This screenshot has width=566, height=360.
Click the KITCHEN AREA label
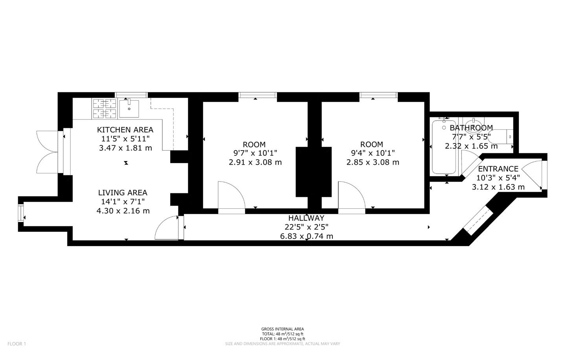pyautogui.click(x=125, y=130)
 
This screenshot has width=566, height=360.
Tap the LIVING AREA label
pyautogui.click(x=123, y=193)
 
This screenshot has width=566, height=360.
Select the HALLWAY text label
pyautogui.click(x=306, y=218)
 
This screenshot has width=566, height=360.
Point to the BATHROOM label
pyautogui.click(x=471, y=128)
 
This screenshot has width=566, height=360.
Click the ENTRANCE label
pyautogui.click(x=498, y=169)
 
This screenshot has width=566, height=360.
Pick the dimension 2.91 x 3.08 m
pyautogui.click(x=255, y=162)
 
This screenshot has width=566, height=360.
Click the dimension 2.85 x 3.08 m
pyautogui.click(x=373, y=162)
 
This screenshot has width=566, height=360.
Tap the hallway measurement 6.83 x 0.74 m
pyautogui.click(x=307, y=236)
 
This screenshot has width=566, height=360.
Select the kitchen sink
pyautogui.click(x=129, y=108)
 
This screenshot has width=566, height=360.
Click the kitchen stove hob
pyautogui.click(x=105, y=108)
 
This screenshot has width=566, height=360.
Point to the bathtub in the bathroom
pyautogui.click(x=444, y=147)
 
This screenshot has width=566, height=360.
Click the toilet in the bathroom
pyautogui.click(x=500, y=137)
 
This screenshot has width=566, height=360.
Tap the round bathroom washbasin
pyautogui.click(x=473, y=127)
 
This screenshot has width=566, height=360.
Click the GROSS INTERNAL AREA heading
pyautogui.click(x=283, y=329)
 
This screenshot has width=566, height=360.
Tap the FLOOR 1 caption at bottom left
pyautogui.click(x=17, y=343)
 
